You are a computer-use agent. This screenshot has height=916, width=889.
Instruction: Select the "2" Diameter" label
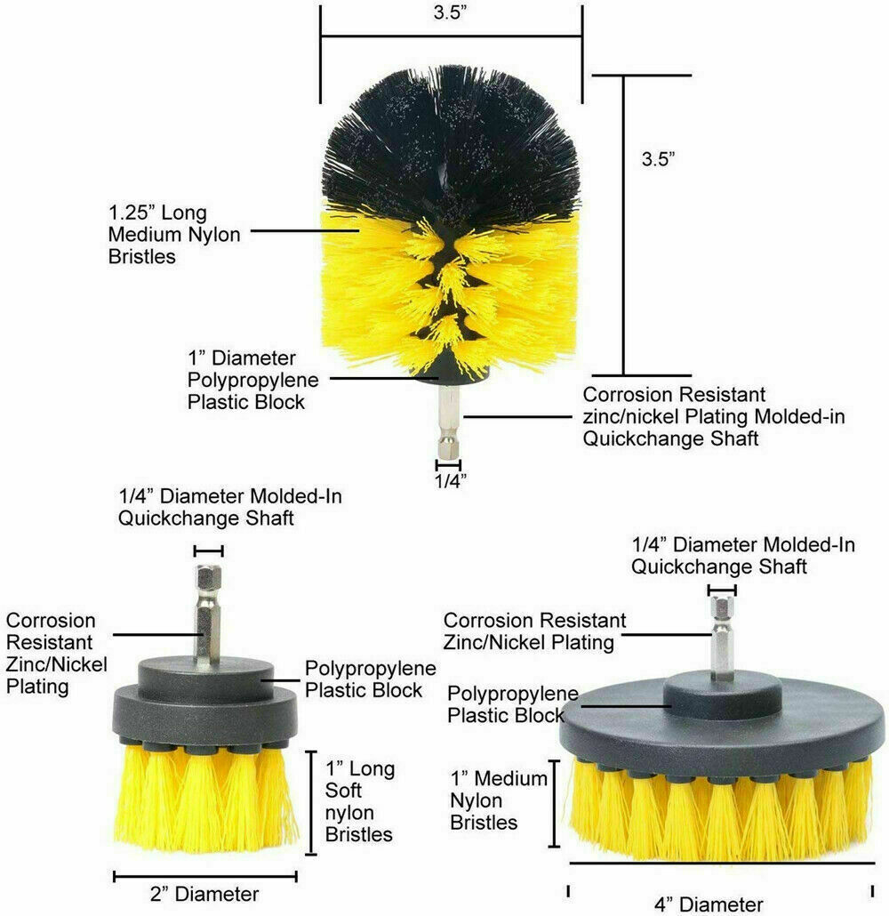tap(204, 893)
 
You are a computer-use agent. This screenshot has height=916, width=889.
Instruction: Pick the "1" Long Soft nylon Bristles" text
tap(359, 800)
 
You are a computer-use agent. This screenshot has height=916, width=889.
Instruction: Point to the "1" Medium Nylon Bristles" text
tap(498, 800)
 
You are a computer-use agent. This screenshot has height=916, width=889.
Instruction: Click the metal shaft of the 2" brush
tap(208, 614)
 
